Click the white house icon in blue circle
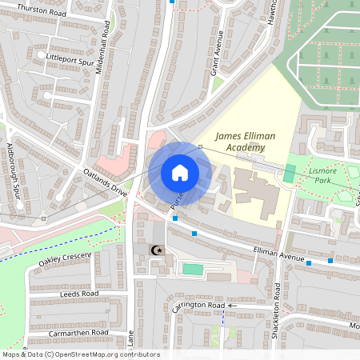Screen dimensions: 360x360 (179, 173)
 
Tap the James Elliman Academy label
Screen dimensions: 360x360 (244, 142)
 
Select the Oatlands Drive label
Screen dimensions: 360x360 (104, 182)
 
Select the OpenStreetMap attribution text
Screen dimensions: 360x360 (81, 354)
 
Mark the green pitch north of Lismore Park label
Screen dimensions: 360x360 (290, 171)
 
